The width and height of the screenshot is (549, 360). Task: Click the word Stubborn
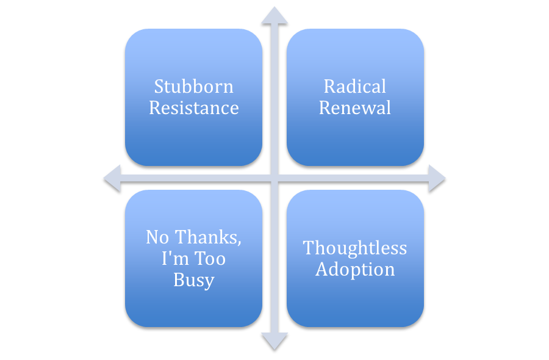click(193, 87)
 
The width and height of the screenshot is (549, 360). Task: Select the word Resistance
click(193, 108)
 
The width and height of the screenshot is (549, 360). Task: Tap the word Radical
click(355, 87)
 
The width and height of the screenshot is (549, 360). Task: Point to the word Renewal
click(355, 108)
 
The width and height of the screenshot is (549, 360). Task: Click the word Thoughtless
click(355, 248)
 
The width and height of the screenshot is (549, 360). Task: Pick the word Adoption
click(355, 270)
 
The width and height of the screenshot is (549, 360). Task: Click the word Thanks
click(207, 237)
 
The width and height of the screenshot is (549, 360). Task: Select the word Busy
click(193, 281)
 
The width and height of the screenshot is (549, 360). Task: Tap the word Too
click(209, 259)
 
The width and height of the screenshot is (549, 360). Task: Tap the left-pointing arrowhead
click(113, 178)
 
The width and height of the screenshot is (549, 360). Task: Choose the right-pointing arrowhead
click(436, 178)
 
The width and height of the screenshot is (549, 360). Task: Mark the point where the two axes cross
click(274, 178)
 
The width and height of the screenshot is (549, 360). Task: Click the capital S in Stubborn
click(159, 87)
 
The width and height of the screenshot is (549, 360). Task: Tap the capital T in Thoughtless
click(309, 248)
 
